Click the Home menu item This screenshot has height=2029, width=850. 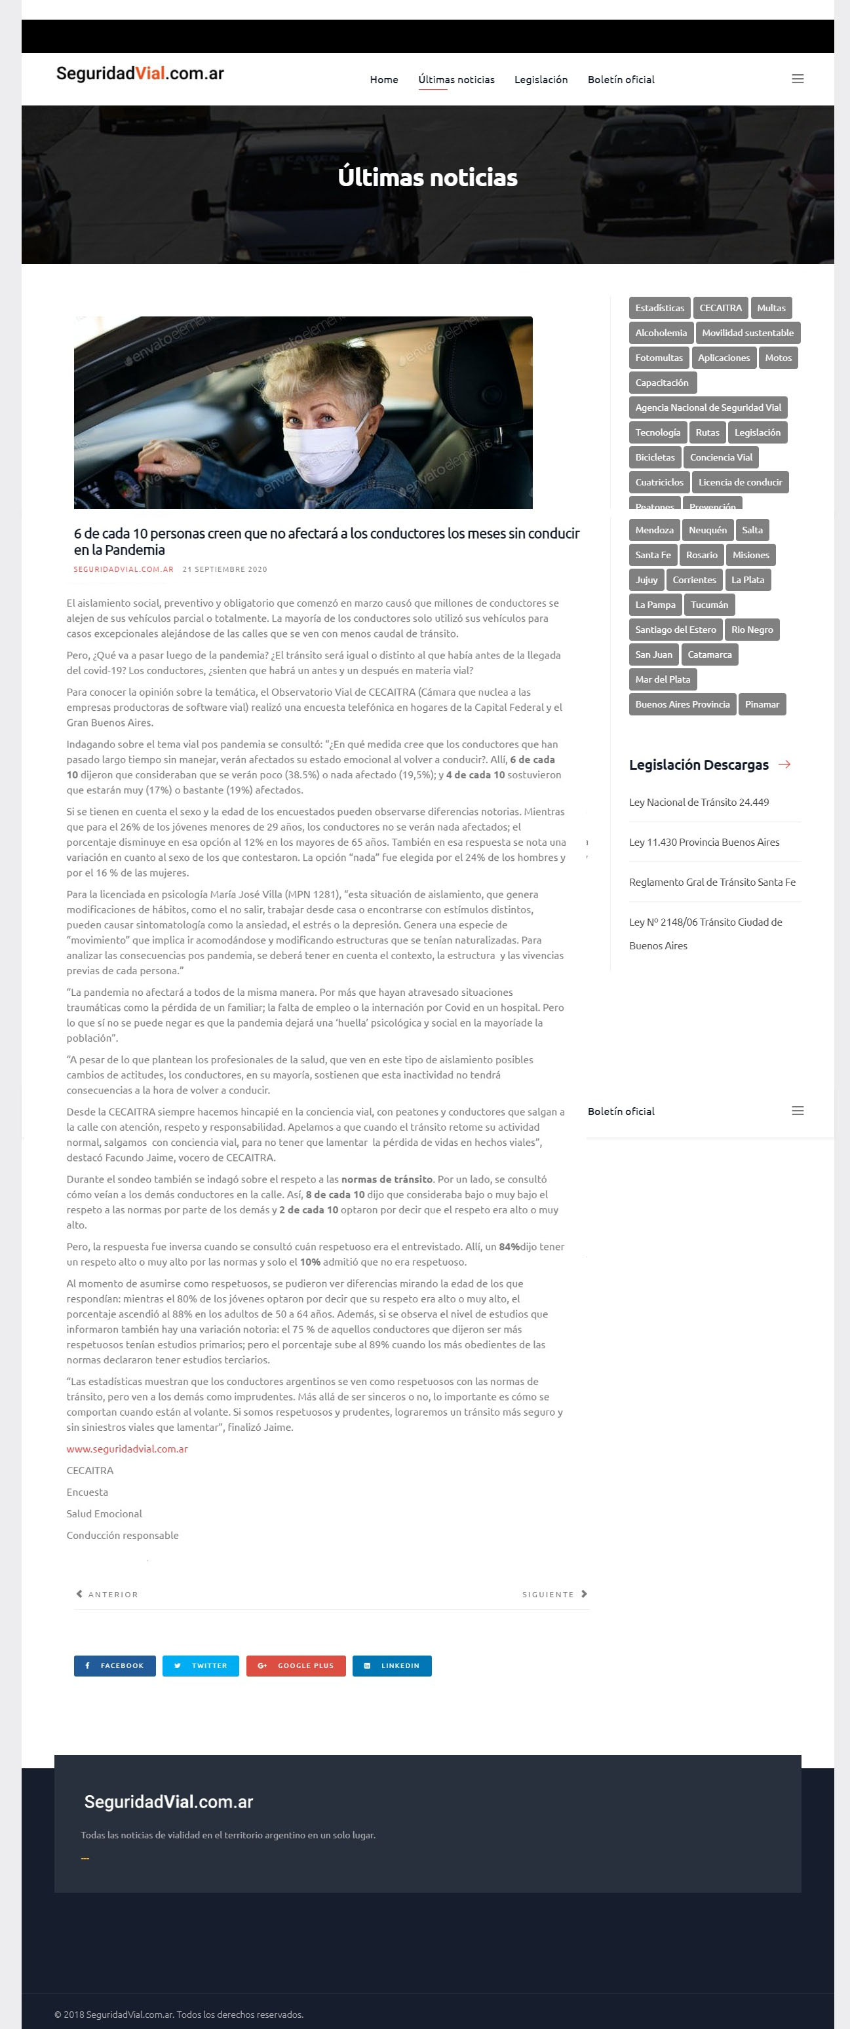point(383,79)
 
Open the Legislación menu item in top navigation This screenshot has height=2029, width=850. point(541,79)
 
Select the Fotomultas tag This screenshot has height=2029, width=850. point(659,358)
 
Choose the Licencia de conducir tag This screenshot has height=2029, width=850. point(740,482)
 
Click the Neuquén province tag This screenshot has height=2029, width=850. point(706,530)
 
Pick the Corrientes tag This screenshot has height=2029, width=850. point(693,580)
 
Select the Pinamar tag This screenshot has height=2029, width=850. point(761,704)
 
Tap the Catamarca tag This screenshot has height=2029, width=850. point(709,654)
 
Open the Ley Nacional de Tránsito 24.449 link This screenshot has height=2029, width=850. point(698,802)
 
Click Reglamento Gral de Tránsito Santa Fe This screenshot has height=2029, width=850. point(711,882)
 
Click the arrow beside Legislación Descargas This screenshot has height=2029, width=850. point(784,765)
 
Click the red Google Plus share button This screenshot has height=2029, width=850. point(296,1666)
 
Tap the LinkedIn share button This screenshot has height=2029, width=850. point(391,1666)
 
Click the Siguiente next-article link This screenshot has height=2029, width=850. point(554,1594)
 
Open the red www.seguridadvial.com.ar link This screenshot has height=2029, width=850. point(127,1449)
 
